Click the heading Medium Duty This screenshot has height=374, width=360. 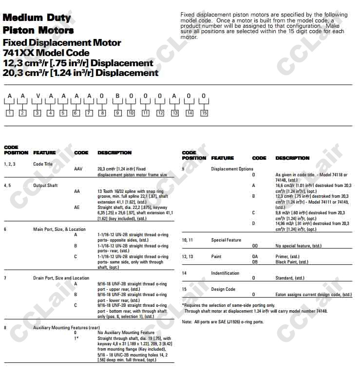(37, 18)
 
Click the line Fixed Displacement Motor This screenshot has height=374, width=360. (62, 43)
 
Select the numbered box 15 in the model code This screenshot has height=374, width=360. (204, 113)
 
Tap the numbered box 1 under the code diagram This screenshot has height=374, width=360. (9, 113)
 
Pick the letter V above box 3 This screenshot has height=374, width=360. (37, 96)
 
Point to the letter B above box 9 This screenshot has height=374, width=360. (117, 96)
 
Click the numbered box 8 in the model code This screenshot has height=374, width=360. (102, 113)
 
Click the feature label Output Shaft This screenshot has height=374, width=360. (45, 186)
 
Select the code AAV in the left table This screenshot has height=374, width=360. (78, 169)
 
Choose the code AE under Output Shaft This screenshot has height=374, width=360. (77, 207)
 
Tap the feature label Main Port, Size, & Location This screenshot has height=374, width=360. (59, 229)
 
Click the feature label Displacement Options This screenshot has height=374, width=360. (232, 169)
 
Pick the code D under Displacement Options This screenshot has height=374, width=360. (253, 224)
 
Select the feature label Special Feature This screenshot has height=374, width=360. (226, 240)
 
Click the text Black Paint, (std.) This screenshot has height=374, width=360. (292, 262)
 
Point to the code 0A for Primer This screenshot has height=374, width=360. (255, 257)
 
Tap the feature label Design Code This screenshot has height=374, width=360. (223, 289)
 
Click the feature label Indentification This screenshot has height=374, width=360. (225, 273)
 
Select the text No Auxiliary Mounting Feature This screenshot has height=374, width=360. (119, 333)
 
